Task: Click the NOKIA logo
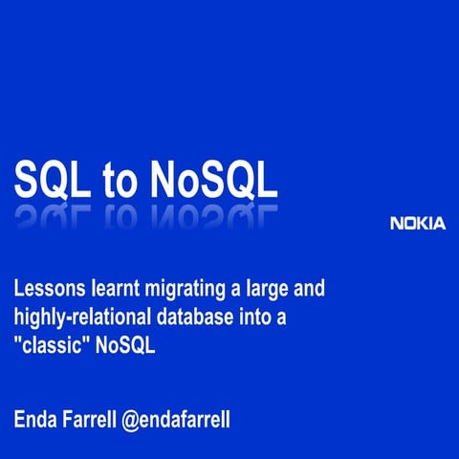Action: [x=418, y=224]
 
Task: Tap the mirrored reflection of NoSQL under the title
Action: [x=212, y=214]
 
